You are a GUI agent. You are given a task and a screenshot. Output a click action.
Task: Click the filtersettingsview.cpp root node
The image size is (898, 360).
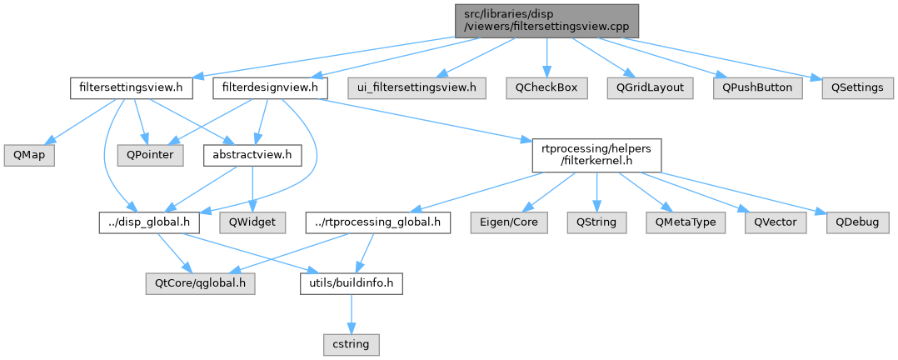tap(546, 20)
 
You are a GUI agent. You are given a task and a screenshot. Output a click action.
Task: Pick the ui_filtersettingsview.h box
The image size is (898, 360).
tap(417, 87)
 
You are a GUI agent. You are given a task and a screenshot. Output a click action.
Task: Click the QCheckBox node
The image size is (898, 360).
tap(546, 87)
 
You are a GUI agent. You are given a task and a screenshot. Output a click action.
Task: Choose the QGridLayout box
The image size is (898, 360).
tap(650, 87)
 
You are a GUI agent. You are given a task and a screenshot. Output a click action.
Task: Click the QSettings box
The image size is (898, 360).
tap(853, 87)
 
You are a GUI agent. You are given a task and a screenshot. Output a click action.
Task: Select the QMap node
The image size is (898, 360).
tap(28, 155)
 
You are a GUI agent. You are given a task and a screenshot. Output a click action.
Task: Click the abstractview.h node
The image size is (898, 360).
tap(252, 155)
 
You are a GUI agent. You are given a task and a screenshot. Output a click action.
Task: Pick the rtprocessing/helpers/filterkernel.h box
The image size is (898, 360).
tap(596, 155)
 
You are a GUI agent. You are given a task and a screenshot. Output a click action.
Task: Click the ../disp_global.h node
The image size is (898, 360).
tap(150, 222)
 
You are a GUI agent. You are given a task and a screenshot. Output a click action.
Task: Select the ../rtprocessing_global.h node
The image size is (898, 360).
tap(378, 222)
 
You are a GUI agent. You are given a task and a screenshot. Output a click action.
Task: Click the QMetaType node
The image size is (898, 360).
tap(686, 222)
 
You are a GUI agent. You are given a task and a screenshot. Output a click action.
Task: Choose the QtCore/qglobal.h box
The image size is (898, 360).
tap(200, 283)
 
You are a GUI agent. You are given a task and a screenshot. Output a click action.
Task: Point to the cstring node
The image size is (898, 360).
tap(351, 343)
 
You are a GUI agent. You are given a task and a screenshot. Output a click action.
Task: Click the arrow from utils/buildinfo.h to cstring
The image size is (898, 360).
tap(351, 314)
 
